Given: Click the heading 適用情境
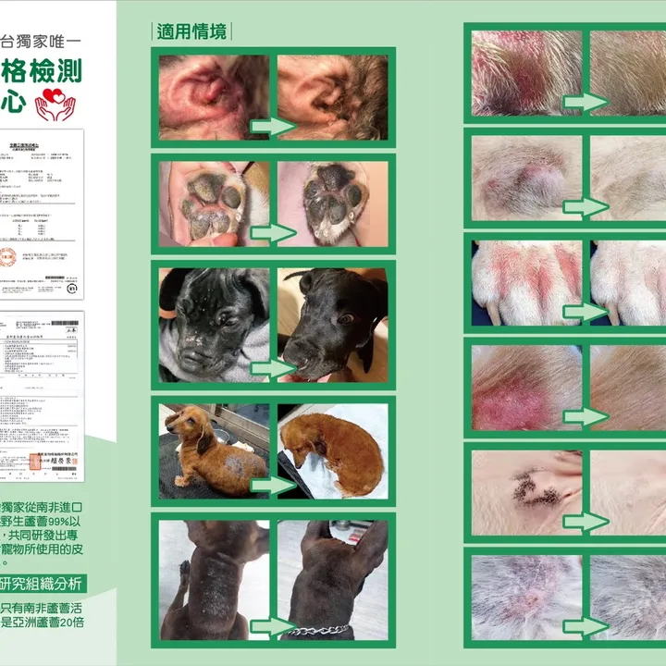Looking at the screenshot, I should tap(191, 31).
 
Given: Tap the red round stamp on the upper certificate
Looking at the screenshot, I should tap(7, 257).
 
